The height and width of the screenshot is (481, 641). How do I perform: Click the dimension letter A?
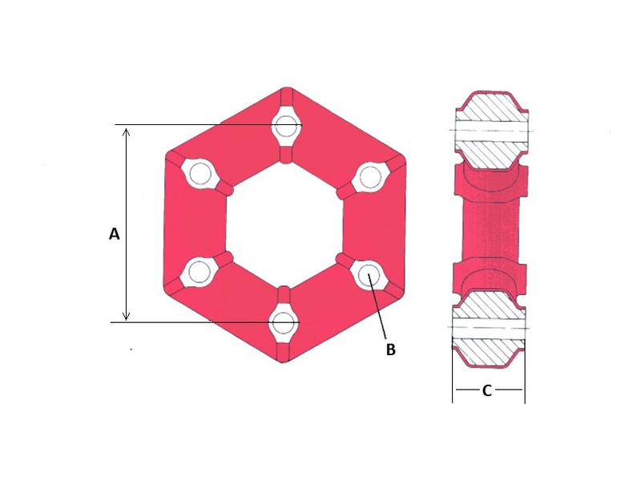coord(114,234)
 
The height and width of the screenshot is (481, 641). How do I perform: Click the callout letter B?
coord(390,350)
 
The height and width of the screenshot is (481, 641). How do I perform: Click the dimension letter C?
coord(487,391)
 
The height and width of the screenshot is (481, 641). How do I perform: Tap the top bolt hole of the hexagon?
coord(285,126)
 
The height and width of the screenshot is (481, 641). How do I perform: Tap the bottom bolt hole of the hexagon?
coord(282,321)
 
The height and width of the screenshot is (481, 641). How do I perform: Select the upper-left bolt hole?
coord(198,174)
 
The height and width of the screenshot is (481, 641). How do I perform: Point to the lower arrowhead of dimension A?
coord(126,317)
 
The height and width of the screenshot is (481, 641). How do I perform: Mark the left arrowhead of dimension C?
coord(457,391)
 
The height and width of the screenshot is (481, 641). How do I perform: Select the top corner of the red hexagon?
coord(286,87)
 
